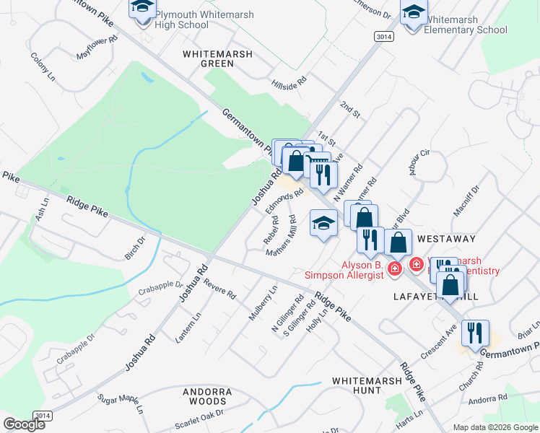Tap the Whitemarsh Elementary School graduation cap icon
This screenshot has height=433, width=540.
tap(414, 12)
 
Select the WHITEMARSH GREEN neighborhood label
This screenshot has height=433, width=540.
tap(217, 58)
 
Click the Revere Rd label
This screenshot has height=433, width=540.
tap(220, 289)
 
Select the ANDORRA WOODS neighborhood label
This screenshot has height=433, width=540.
tap(207, 396)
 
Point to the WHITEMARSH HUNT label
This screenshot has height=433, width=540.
tap(356, 385)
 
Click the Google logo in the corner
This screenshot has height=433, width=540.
tap(24, 424)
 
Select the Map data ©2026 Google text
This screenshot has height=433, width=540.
tap(495, 427)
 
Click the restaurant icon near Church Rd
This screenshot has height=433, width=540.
tap(475, 333)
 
